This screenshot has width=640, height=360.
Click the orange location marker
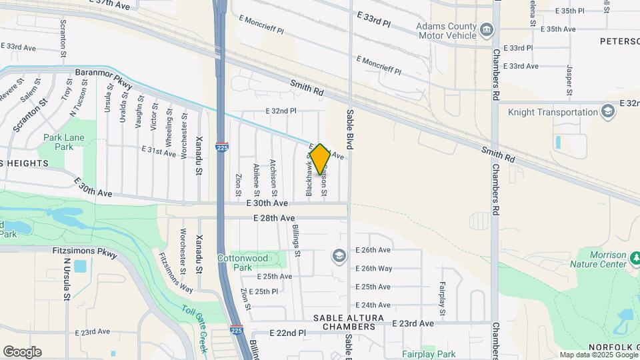click(320, 159)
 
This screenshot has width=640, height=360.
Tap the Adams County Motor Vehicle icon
click(487, 29)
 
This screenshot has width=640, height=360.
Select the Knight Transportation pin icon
click(607, 111)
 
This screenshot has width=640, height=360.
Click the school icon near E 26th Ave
click(339, 255)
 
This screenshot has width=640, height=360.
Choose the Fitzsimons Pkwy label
click(84, 253)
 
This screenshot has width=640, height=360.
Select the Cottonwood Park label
click(243, 262)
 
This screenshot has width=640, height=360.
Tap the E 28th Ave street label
click(273, 218)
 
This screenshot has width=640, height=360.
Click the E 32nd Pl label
click(280, 111)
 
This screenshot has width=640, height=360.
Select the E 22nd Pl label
click(287, 333)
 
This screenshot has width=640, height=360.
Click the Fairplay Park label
click(429, 354)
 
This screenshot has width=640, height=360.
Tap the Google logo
click(22, 352)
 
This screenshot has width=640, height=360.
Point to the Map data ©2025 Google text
click(597, 355)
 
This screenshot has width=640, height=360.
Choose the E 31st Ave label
click(158, 151)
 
